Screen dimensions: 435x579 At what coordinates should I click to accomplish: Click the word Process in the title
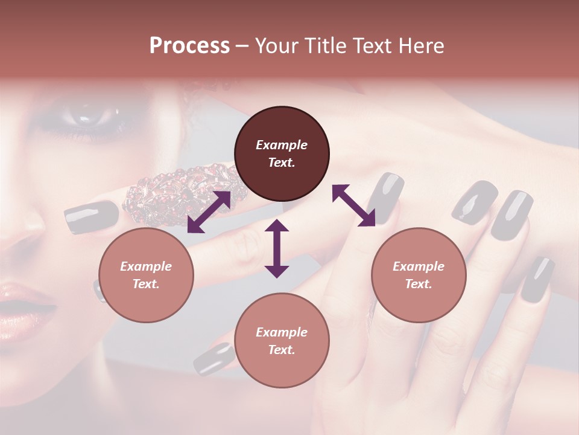tap(189, 46)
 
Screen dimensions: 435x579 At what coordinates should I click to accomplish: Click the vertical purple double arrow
tap(277, 248)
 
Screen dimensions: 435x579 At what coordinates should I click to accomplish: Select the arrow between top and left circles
tap(209, 212)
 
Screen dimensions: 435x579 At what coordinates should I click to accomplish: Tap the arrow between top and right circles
tap(353, 205)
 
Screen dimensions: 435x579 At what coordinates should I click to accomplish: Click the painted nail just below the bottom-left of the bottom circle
tap(214, 358)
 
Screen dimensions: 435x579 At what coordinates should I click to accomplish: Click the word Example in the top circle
tap(282, 145)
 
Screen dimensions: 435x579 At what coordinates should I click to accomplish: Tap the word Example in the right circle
tap(419, 266)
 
